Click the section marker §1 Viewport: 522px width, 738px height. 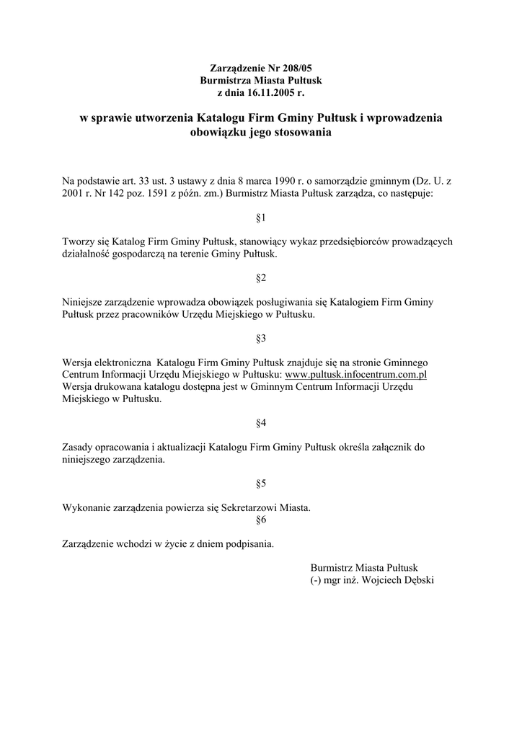tap(261, 217)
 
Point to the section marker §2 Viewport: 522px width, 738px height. tap(261, 277)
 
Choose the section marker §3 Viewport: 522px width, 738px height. tap(261, 338)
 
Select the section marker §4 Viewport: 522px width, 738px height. tap(261, 422)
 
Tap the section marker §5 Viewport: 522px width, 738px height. tap(261, 483)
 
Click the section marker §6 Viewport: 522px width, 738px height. tap(261, 520)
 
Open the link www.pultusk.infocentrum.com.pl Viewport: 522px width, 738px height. tap(357, 375)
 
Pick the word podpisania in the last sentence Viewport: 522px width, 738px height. tap(249, 544)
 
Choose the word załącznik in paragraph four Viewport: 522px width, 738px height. tap(384, 447)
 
